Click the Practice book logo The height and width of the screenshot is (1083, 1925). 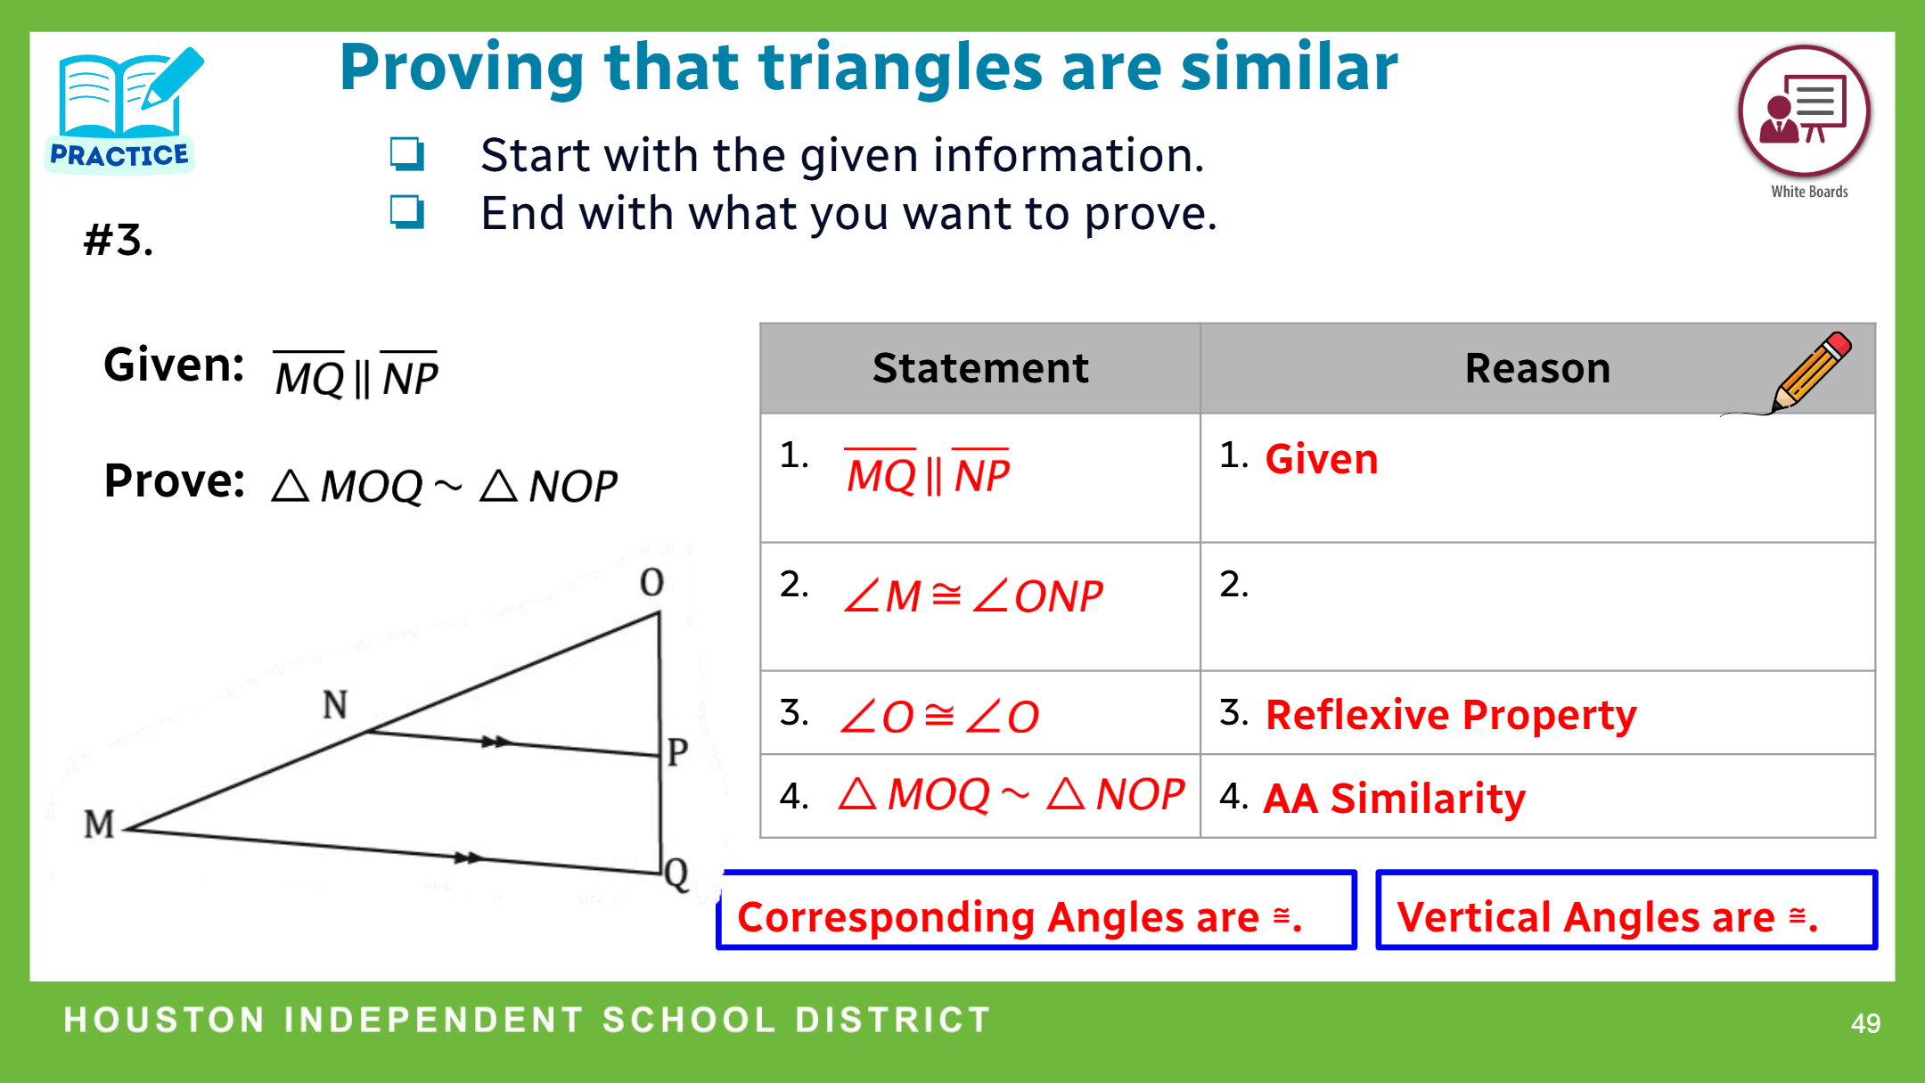pos(122,110)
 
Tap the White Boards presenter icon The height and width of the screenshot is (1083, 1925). pos(1804,111)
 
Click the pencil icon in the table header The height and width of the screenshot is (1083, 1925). pos(1809,372)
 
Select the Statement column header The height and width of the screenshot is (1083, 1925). pos(980,368)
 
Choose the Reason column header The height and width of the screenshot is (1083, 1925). pos(1537,368)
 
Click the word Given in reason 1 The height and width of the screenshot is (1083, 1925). pos(1322,459)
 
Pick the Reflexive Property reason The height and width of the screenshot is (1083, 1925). pos(1451,715)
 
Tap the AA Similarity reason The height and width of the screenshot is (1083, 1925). pos(1395,798)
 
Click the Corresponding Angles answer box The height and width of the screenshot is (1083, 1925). pos(1036,910)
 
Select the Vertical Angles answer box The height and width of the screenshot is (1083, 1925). pos(1626,910)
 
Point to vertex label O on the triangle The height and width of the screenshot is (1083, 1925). pos(652,582)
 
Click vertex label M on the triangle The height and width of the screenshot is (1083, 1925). pos(99,825)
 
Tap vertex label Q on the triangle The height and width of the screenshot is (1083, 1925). pos(676,874)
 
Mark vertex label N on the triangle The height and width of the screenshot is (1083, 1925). pos(335,705)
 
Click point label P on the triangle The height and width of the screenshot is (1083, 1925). pos(678,751)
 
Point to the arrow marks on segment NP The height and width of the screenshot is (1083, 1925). pos(495,742)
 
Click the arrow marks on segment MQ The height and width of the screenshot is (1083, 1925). pos(468,857)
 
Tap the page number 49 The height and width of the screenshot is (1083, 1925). pos(1865,1022)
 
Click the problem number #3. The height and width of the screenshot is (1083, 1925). pos(119,240)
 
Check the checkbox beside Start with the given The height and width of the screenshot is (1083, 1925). pos(406,153)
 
